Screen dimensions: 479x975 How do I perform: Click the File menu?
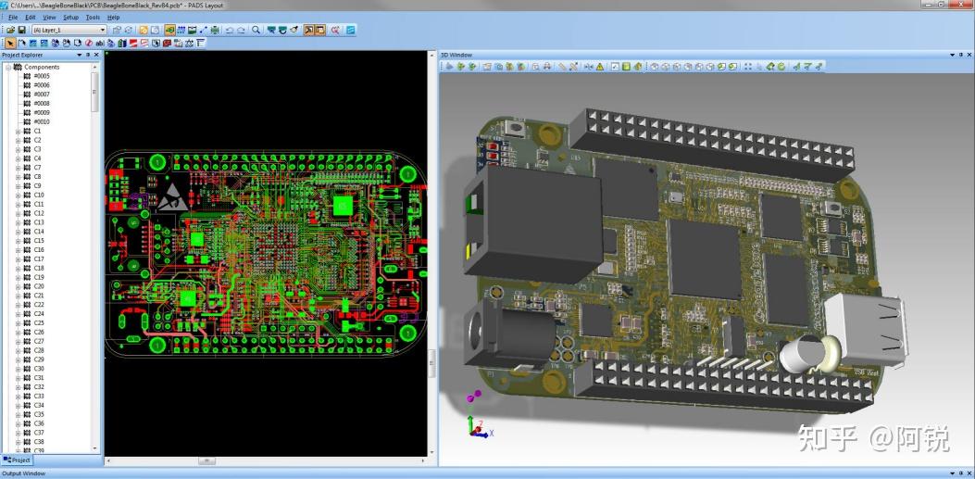pos(13,17)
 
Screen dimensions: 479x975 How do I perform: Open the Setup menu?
pos(70,17)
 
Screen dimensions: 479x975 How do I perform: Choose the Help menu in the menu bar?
pos(113,17)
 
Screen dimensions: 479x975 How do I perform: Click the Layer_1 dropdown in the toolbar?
pos(69,30)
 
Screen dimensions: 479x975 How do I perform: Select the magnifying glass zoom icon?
pos(256,30)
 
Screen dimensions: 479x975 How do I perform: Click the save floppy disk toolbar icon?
pos(21,30)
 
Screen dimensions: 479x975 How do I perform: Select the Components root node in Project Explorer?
pos(41,67)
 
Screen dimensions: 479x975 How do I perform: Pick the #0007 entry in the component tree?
pos(42,95)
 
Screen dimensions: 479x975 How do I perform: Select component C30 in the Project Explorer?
pos(39,369)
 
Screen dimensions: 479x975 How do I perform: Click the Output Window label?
pos(23,473)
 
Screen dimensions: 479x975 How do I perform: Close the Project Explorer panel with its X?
pos(97,55)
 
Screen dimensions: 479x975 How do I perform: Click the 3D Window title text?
pos(456,55)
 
